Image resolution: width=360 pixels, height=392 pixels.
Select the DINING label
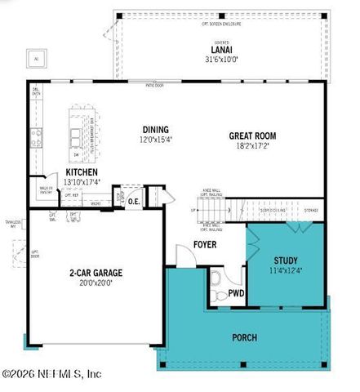click(x=155, y=129)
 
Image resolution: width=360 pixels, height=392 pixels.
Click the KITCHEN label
click(x=82, y=172)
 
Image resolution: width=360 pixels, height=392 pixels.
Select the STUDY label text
click(x=285, y=261)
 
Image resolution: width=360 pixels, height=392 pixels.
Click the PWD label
click(x=237, y=292)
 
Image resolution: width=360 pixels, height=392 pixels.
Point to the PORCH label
click(x=244, y=336)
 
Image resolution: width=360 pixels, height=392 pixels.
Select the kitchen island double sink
click(x=76, y=135)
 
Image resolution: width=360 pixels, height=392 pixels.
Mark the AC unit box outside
click(x=35, y=59)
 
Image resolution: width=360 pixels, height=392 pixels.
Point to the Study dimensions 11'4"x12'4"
click(x=285, y=271)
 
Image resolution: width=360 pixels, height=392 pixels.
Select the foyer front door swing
click(x=186, y=256)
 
